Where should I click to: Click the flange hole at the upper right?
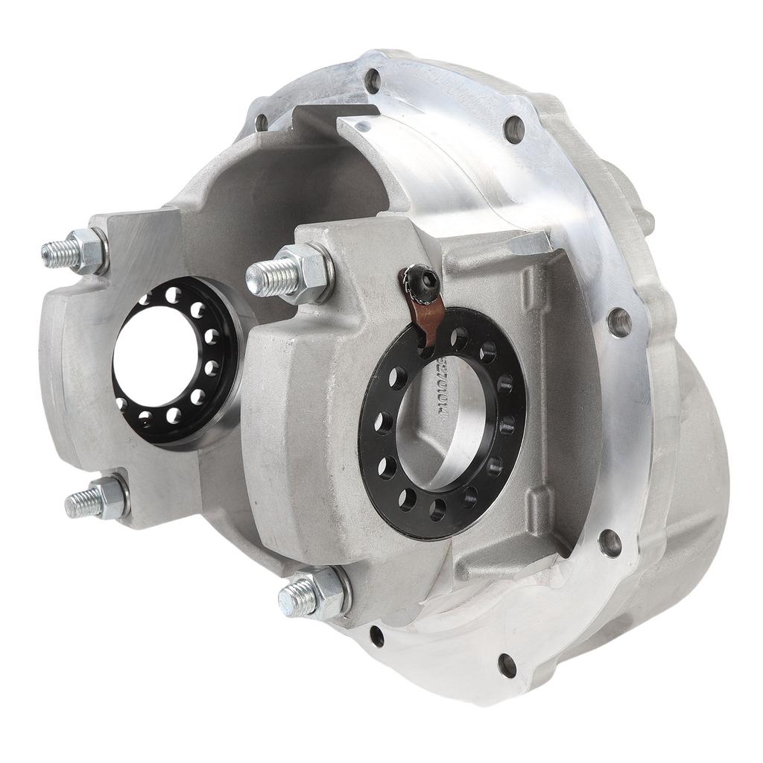point(513,130)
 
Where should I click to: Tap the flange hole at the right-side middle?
point(619,322)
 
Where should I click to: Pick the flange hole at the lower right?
point(610,542)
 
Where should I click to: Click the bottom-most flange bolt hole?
point(507,665)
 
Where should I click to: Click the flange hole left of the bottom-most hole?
point(377,636)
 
